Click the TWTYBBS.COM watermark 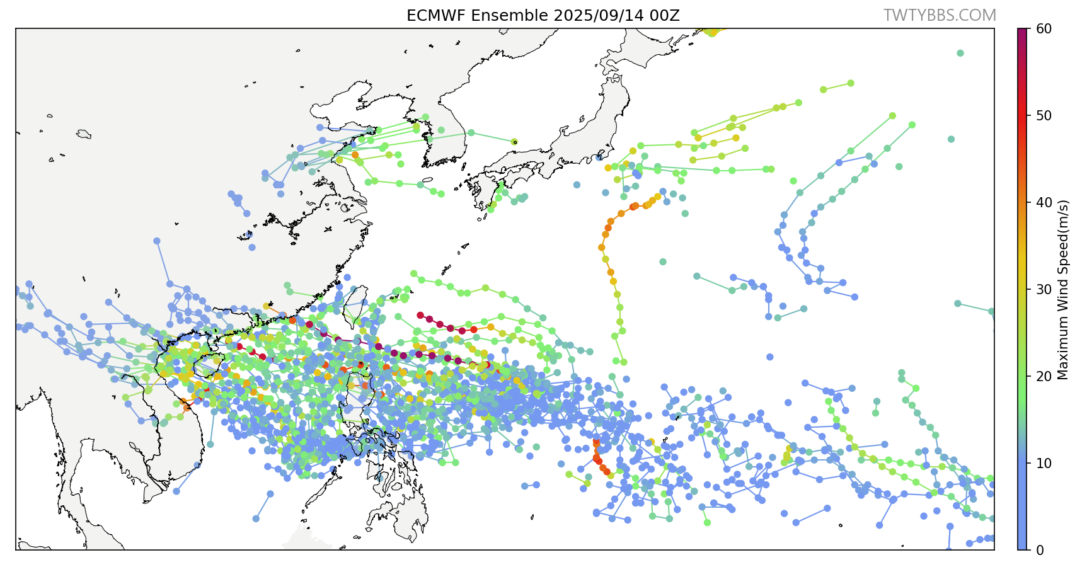click(940, 16)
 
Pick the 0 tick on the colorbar click(1040, 550)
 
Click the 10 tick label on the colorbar click(1044, 463)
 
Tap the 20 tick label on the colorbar click(1044, 376)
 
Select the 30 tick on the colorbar click(1044, 289)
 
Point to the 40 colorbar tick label click(1044, 202)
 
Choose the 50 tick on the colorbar click(1044, 115)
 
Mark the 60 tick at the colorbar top click(1044, 28)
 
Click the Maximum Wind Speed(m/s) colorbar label click(1063, 290)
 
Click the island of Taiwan click(357, 306)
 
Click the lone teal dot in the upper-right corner click(960, 53)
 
